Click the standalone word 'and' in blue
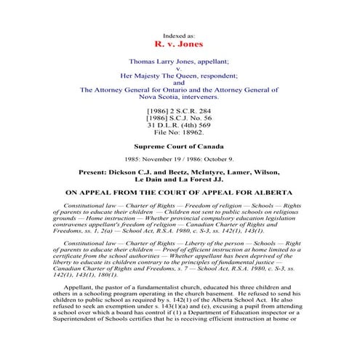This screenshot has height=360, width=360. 180,83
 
